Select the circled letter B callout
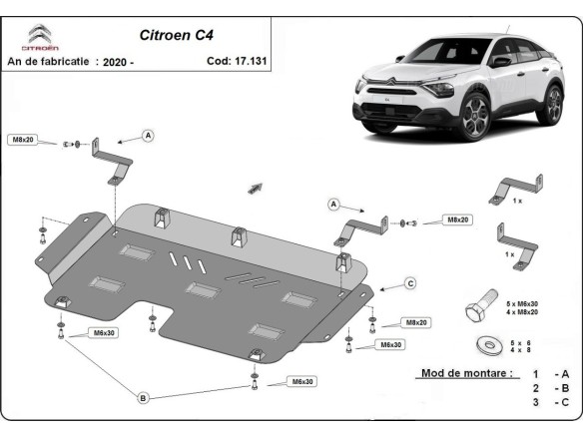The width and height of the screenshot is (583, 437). point(143,398)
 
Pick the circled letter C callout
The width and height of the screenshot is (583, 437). point(409,284)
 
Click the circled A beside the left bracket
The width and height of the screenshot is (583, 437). point(148,135)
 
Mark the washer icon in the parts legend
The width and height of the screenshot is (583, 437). point(489,344)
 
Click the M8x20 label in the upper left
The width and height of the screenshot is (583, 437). point(23,141)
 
